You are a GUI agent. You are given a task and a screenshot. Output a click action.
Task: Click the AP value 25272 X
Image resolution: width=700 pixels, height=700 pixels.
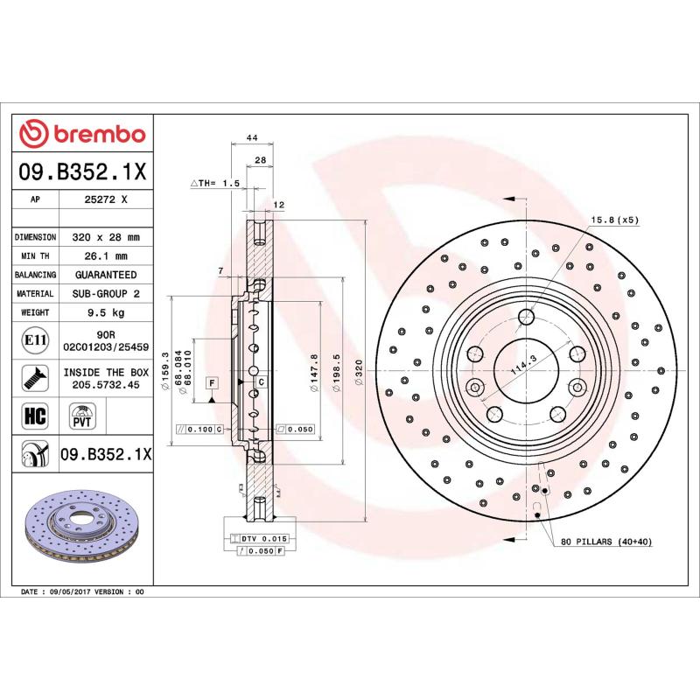[x=106, y=199]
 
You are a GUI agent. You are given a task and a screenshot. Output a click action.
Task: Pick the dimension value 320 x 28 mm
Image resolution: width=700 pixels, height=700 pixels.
[x=106, y=237]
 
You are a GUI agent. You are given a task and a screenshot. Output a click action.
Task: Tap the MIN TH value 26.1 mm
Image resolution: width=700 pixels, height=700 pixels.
[x=106, y=256]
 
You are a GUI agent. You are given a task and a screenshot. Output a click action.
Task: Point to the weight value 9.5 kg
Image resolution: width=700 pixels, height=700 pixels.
[x=106, y=312]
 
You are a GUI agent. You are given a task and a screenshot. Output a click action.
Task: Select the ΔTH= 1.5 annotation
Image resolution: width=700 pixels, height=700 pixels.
[x=215, y=183]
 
